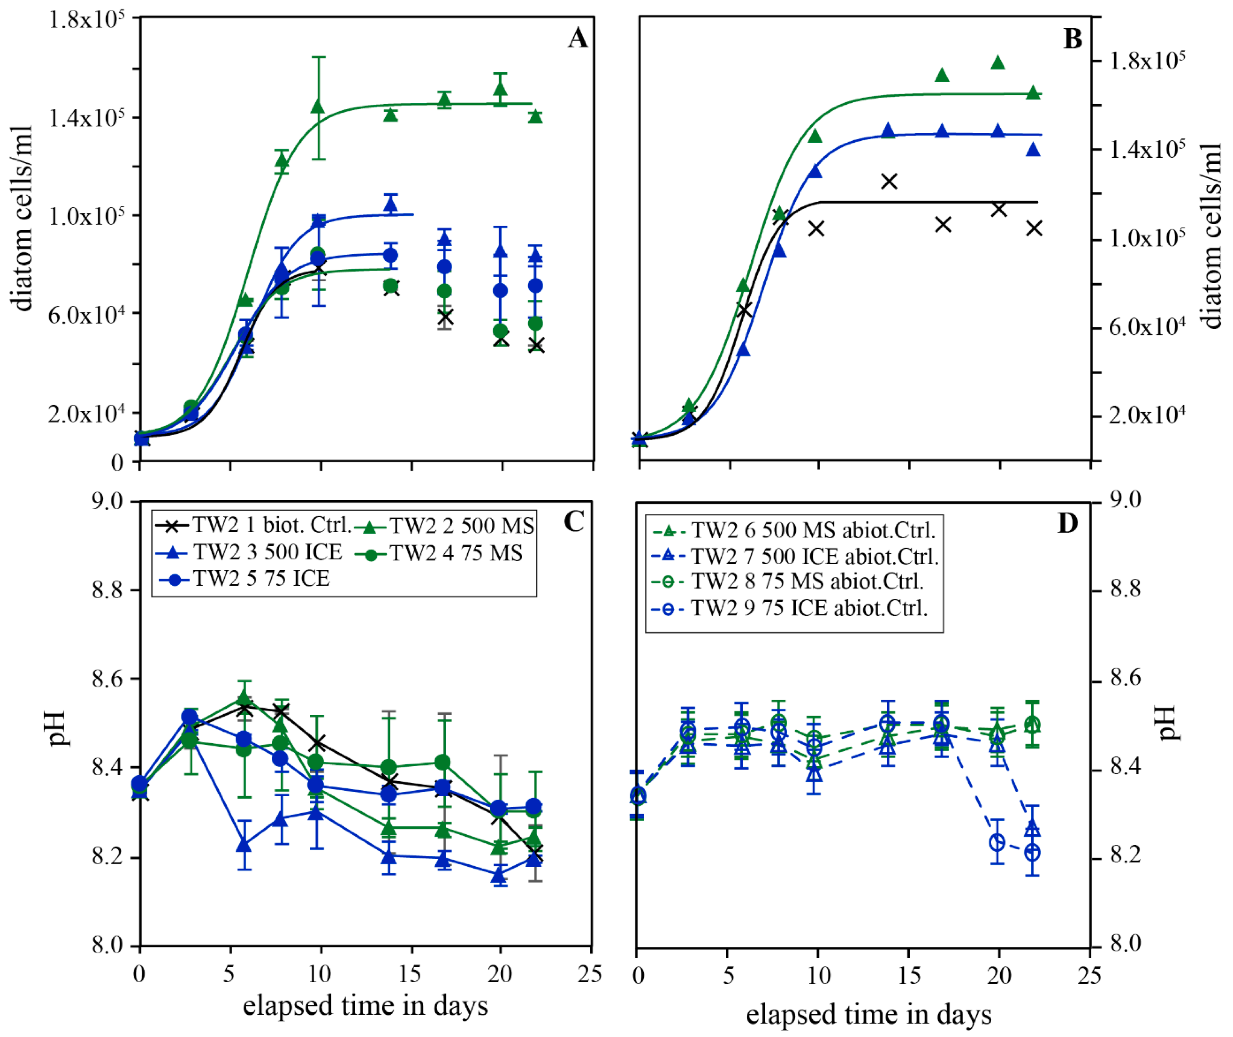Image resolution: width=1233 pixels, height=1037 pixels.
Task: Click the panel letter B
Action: click(1072, 39)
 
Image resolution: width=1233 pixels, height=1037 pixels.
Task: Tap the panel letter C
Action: click(574, 521)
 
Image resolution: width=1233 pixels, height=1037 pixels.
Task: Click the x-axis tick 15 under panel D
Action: click(909, 975)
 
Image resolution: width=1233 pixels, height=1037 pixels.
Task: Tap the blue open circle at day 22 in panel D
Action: click(1032, 853)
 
